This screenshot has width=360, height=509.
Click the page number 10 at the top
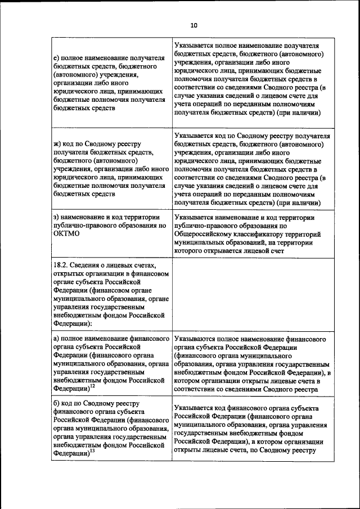coord(194,25)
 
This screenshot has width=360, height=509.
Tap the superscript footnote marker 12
coord(92,385)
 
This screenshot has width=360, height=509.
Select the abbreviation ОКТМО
coord(66,234)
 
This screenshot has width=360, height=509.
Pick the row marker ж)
coord(57,145)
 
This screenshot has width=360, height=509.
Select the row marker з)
coord(56,217)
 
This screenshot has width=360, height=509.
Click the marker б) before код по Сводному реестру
coord(56,403)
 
